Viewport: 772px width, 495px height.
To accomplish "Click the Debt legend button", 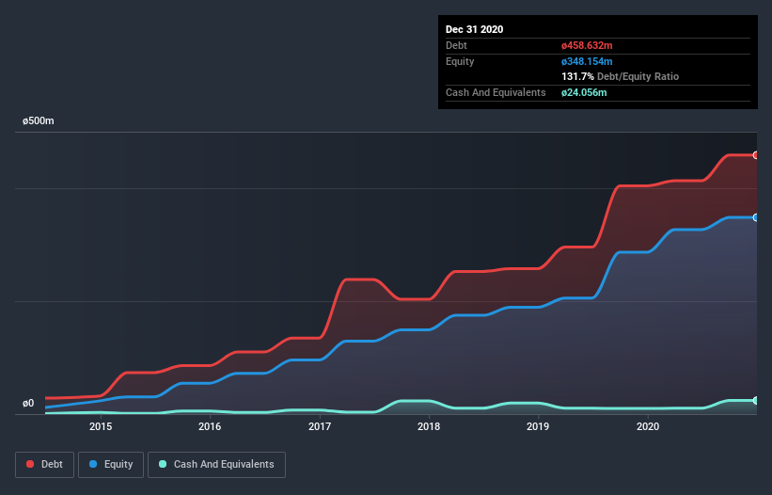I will pyautogui.click(x=46, y=464).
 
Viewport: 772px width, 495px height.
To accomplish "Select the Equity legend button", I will pyautogui.click(x=112, y=464).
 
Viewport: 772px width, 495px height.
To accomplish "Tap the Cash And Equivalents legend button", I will pyautogui.click(x=216, y=464).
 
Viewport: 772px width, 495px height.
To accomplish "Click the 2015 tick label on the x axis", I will pyautogui.click(x=101, y=426).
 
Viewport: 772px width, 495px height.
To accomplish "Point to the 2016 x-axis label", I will pyautogui.click(x=210, y=426).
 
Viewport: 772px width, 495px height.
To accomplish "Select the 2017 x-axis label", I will pyautogui.click(x=320, y=426).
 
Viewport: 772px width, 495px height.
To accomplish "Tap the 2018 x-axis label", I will pyautogui.click(x=429, y=426).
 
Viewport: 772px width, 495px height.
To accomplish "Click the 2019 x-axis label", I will pyautogui.click(x=538, y=426).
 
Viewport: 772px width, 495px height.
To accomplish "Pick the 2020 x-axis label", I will pyautogui.click(x=648, y=426).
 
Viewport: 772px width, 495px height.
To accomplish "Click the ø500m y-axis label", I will pyautogui.click(x=39, y=121).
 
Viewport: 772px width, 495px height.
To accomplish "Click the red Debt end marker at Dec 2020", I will pyautogui.click(x=756, y=154).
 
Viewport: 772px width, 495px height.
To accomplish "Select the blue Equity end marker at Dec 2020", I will pyautogui.click(x=756, y=217).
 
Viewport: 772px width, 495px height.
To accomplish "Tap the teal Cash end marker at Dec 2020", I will pyautogui.click(x=756, y=401).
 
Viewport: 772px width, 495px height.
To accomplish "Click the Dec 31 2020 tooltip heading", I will pyautogui.click(x=475, y=29).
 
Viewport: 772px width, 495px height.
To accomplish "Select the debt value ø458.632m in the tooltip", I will pyautogui.click(x=587, y=45).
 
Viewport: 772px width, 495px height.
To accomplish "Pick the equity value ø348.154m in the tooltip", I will pyautogui.click(x=587, y=61).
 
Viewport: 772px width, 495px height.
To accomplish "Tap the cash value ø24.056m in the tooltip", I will pyautogui.click(x=583, y=92).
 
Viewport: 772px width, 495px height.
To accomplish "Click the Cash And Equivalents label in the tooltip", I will pyautogui.click(x=496, y=92).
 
